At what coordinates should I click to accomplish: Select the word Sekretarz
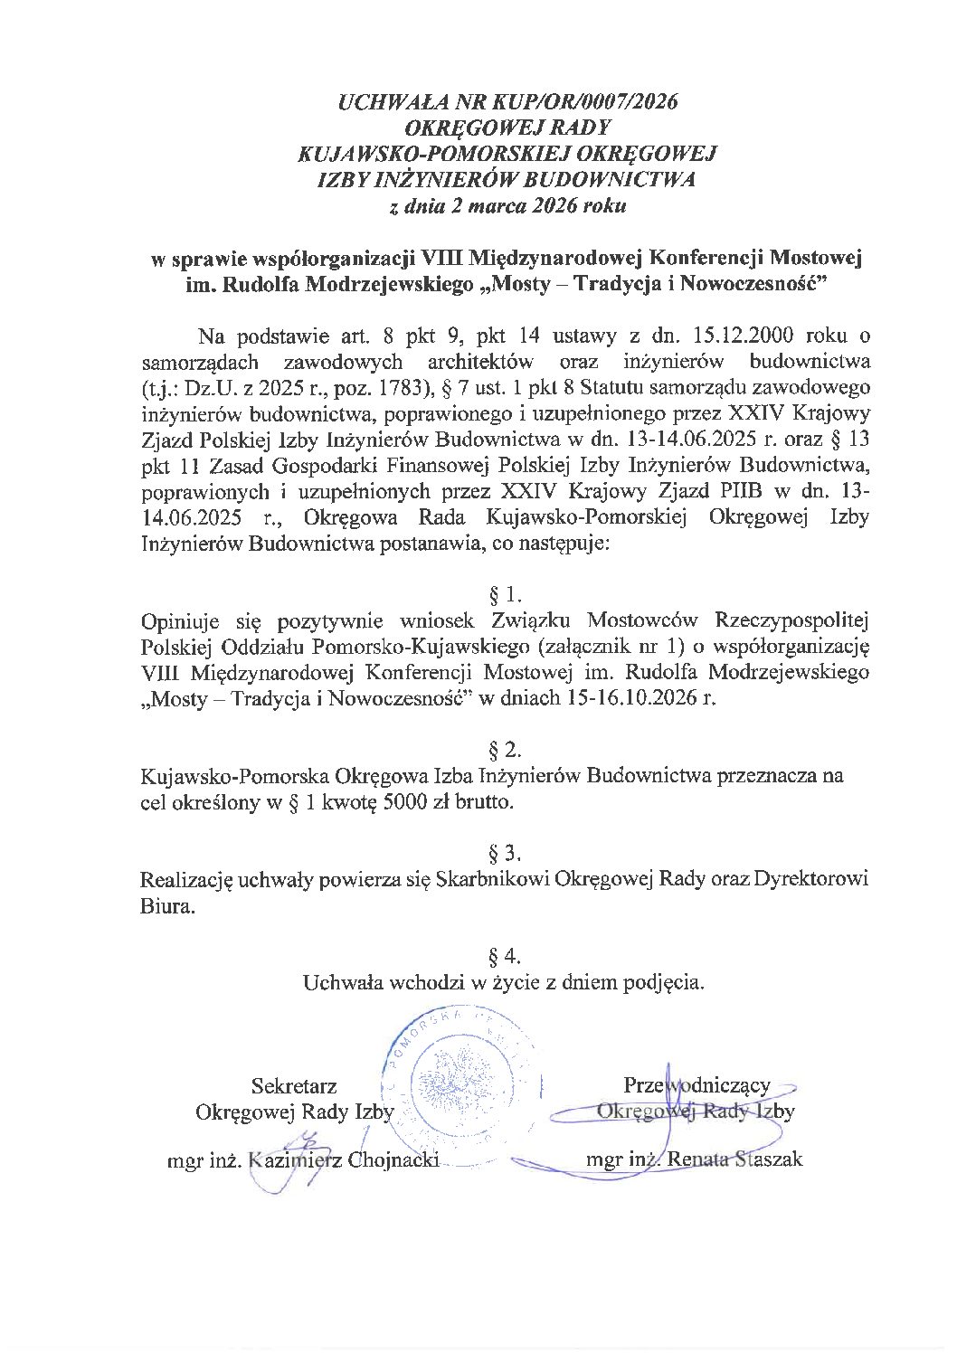[294, 1084]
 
